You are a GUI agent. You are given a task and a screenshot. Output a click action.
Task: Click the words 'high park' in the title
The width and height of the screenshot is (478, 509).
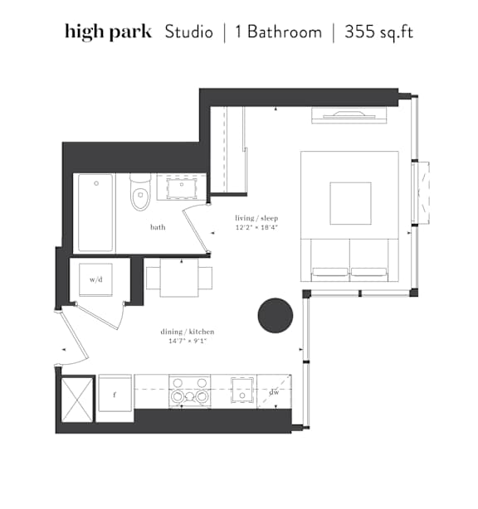click(108, 32)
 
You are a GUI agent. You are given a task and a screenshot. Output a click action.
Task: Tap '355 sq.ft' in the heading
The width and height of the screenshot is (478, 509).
click(378, 32)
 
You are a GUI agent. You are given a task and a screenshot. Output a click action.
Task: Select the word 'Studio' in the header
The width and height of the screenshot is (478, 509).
click(189, 32)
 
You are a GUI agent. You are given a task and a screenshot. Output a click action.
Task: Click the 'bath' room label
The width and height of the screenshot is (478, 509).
click(158, 227)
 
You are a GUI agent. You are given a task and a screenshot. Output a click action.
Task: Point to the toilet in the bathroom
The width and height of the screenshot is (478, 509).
click(140, 192)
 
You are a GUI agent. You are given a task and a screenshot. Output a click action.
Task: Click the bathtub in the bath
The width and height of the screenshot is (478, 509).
click(95, 212)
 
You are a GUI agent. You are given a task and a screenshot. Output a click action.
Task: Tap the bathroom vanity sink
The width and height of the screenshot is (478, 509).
click(181, 187)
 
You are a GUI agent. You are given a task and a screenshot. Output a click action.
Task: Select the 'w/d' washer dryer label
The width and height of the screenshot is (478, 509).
click(96, 279)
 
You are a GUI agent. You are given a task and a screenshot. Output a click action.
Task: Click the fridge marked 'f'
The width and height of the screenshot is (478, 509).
click(115, 393)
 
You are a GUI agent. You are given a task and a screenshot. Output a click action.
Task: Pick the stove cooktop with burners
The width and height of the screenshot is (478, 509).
click(189, 390)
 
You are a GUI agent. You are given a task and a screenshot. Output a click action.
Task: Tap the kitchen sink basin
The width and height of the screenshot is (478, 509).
click(242, 390)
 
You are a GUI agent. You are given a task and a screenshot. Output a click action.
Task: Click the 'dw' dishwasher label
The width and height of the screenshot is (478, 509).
click(274, 392)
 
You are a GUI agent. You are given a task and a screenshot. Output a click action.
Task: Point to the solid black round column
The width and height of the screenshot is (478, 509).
click(276, 316)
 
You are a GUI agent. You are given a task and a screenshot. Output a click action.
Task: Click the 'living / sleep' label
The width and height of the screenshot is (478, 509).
click(256, 218)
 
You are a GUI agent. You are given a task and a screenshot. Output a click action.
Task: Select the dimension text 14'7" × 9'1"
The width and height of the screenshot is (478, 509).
click(188, 341)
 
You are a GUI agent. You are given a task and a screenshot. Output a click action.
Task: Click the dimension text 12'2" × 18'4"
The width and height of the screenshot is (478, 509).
click(256, 227)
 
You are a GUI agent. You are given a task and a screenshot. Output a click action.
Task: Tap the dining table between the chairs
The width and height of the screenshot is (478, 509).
click(179, 278)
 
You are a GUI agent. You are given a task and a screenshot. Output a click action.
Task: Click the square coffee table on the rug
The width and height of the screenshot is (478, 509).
click(351, 204)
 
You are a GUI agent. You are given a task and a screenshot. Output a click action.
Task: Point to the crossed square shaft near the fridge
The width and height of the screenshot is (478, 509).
click(77, 400)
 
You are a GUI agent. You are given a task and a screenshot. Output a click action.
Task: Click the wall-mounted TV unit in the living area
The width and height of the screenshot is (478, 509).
click(349, 115)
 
